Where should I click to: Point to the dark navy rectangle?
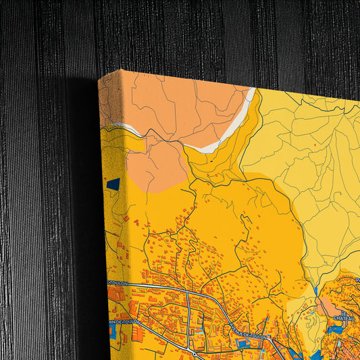(x=113, y=184)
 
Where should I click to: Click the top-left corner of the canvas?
(x=99, y=76)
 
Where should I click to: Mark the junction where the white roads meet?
(x=188, y=292)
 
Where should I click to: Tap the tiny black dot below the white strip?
(x=211, y=162)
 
